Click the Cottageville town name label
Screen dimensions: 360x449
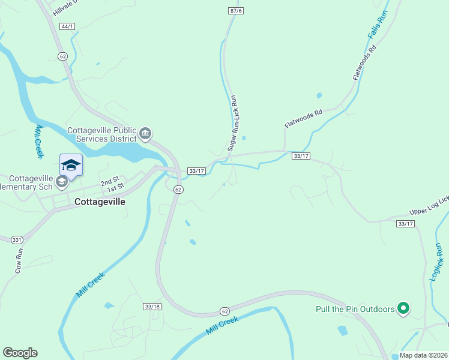[x=100, y=202]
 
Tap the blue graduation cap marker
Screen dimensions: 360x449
[x=71, y=166]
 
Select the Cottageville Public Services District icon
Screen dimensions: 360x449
[x=145, y=133]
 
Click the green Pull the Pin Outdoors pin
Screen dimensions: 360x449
[x=404, y=309]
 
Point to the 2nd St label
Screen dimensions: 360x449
[x=110, y=182]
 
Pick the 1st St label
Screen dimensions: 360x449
[x=115, y=190]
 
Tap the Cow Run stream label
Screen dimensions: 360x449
[x=19, y=261]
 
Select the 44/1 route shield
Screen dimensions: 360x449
[x=68, y=26]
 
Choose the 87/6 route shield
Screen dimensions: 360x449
[x=236, y=11]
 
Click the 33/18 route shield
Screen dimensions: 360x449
[x=152, y=306]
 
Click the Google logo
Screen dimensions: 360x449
[x=20, y=352]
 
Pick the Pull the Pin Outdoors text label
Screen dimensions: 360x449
[x=355, y=310]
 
